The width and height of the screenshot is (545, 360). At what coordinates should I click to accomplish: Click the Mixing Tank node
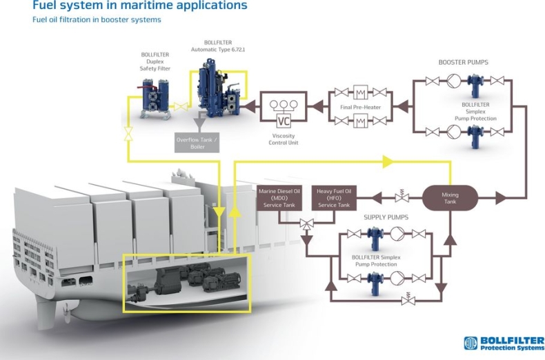tap(450, 198)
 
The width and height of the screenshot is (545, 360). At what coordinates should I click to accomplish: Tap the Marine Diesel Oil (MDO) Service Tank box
tap(279, 197)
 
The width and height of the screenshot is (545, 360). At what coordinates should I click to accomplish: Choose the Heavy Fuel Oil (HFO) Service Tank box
tap(333, 197)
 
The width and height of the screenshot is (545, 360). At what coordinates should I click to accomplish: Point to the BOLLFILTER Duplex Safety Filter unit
tap(156, 97)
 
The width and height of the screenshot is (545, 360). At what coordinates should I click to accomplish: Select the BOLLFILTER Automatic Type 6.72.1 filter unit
tap(213, 90)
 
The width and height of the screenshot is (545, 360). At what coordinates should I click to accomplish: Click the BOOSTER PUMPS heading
tap(463, 62)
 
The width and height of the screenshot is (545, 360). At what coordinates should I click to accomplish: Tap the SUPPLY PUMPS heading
tap(386, 217)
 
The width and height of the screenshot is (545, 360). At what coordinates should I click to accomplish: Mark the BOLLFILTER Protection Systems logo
tap(504, 343)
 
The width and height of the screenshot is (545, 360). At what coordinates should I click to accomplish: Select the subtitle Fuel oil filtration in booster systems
tap(97, 20)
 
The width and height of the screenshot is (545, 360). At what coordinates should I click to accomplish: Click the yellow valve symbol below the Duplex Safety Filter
tap(128, 134)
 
